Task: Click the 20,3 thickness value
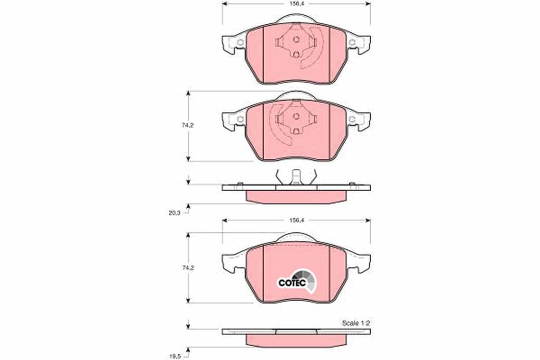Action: tap(175, 213)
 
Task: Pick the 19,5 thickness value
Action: tap(175, 355)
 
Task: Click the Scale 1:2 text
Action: tap(356, 323)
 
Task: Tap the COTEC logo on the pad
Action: tap(296, 281)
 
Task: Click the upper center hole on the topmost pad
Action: tap(296, 39)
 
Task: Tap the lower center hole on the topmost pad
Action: tap(296, 54)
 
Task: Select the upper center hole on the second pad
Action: tap(296, 116)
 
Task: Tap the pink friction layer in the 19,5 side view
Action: tap(296, 340)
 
